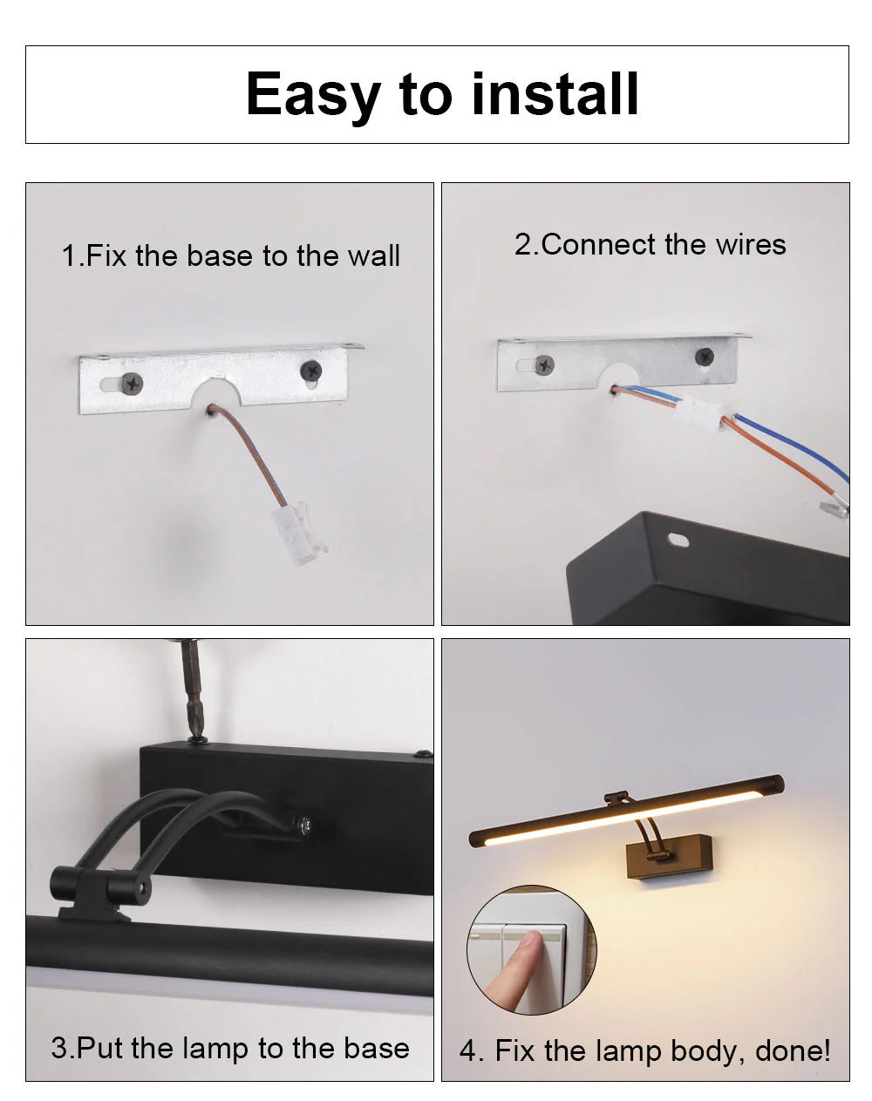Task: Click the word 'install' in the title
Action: pos(555,94)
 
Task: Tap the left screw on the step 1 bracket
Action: pos(133,381)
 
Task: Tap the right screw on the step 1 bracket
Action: pos(310,370)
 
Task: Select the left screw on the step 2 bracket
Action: pos(544,365)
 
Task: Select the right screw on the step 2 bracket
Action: pos(704,356)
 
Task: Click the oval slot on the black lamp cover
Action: pos(678,540)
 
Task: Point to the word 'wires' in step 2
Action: pos(751,245)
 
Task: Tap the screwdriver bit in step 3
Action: pos(194,689)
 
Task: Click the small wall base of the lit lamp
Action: pos(676,855)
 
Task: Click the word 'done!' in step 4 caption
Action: pos(793,1051)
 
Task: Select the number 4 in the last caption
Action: pos(469,1051)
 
